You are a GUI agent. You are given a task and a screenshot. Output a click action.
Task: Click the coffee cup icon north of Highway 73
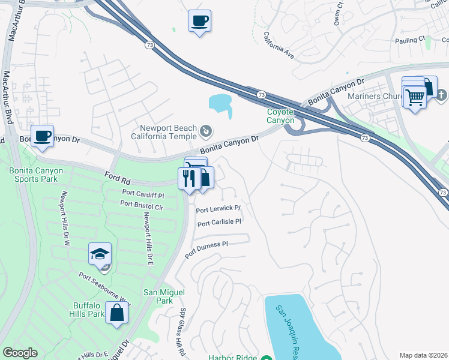(x=199, y=22)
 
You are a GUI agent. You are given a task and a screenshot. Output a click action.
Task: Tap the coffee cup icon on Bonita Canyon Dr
(x=42, y=136)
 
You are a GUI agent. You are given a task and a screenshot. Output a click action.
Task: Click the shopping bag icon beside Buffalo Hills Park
(x=116, y=312)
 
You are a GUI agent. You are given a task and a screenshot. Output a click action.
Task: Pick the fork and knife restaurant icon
(x=188, y=178)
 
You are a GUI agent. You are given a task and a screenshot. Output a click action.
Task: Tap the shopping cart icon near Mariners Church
(x=415, y=96)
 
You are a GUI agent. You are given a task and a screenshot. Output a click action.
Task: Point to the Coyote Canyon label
(x=281, y=116)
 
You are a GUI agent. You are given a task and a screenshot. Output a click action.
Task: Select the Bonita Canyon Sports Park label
(x=36, y=175)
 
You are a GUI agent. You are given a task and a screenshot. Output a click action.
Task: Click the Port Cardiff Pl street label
(x=143, y=194)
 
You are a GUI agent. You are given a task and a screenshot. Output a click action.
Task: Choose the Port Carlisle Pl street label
(x=219, y=222)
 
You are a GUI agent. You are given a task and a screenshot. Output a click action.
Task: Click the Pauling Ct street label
(x=410, y=38)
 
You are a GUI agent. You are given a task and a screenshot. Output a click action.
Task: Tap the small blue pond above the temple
(x=220, y=103)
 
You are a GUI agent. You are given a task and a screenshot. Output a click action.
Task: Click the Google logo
(x=20, y=353)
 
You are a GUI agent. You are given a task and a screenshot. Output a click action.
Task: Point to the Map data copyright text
(x=423, y=355)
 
